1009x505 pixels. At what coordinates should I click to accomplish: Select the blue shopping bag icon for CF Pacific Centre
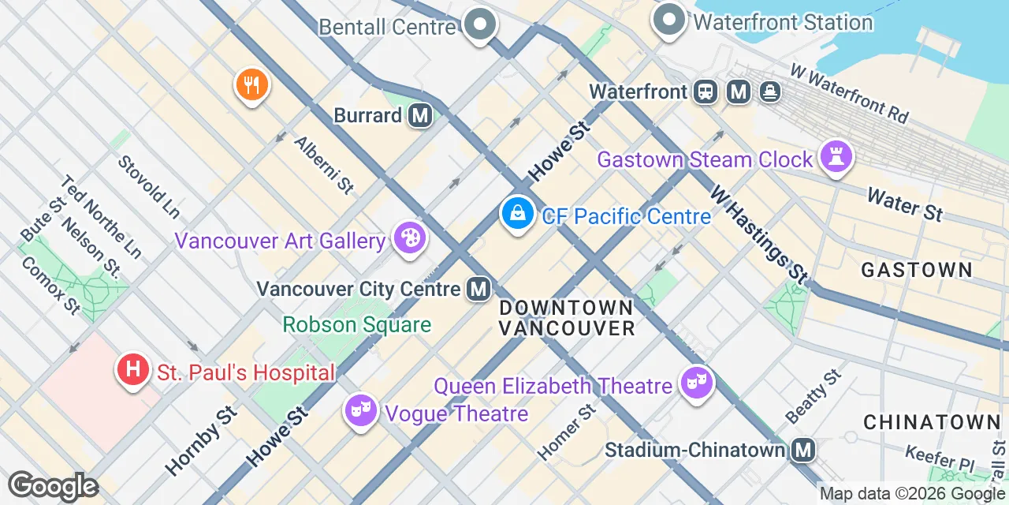pos(517,212)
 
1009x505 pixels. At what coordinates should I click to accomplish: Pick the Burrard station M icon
pos(420,116)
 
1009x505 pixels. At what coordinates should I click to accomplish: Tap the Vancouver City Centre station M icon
pos(478,289)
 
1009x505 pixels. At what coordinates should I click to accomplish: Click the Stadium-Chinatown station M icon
pos(803,450)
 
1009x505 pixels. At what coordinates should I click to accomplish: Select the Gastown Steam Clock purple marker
pos(837,157)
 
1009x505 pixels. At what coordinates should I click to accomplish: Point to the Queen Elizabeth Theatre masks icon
pos(696,383)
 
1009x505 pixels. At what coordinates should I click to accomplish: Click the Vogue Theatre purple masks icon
pos(361,410)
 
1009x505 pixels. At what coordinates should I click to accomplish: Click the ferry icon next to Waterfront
pos(770,92)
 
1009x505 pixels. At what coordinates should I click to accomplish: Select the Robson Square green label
pos(357,324)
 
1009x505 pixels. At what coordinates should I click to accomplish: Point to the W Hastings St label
pos(758,234)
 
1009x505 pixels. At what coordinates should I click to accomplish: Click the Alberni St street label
pos(324,165)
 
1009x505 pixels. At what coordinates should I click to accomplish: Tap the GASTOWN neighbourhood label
pos(916,270)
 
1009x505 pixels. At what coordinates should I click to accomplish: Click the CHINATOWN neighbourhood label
pos(930,422)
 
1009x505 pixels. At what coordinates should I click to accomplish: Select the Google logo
pos(53,486)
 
